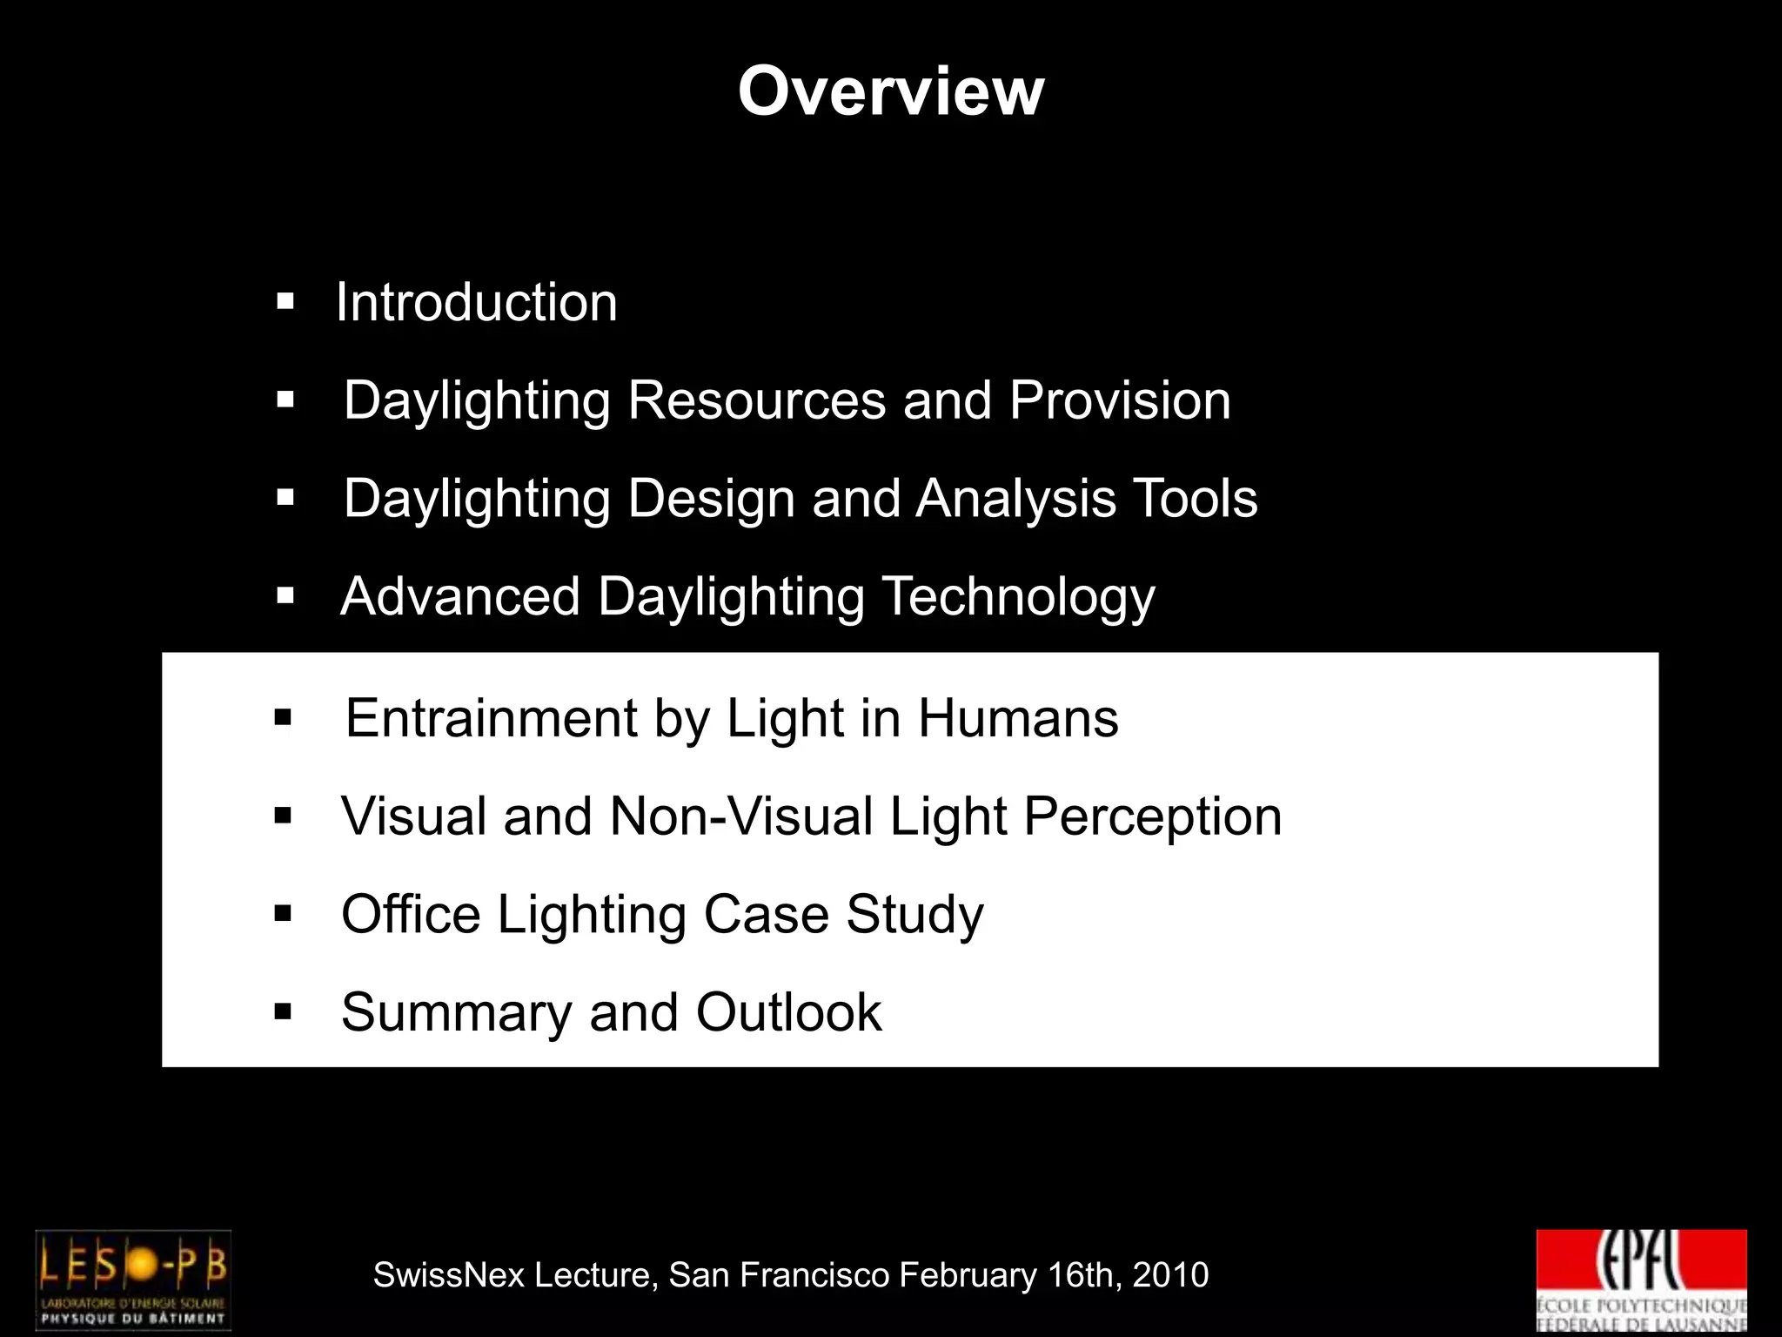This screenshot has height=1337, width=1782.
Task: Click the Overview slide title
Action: [x=890, y=91]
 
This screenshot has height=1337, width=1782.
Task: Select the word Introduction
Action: [x=477, y=303]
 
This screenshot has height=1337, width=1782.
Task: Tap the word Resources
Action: [x=756, y=400]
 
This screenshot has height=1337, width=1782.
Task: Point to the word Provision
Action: [x=1120, y=400]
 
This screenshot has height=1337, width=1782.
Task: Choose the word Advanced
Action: [x=460, y=597]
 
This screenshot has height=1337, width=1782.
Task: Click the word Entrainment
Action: [x=492, y=719]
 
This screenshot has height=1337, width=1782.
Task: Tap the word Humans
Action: [x=1018, y=719]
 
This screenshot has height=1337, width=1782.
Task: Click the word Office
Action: [x=411, y=915]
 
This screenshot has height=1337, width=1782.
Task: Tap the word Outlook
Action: [x=788, y=1012]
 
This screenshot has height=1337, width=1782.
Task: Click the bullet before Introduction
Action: [x=285, y=303]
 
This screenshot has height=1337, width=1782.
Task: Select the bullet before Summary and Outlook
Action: [x=283, y=1011]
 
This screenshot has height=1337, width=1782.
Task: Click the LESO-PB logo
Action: [x=133, y=1280]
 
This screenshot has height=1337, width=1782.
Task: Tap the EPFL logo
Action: [x=1641, y=1280]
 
